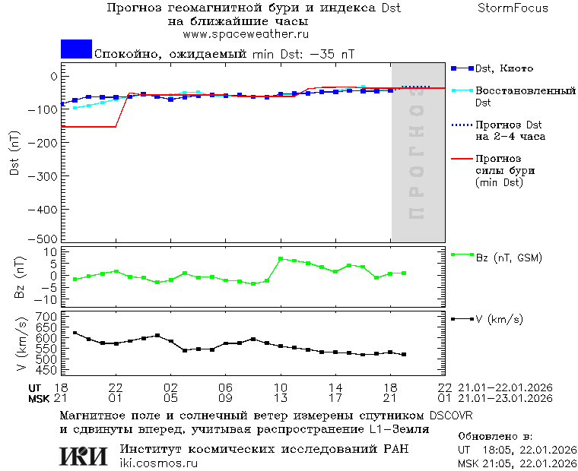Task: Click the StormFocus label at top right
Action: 513,8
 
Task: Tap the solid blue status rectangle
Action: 76,49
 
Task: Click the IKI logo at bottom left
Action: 84,455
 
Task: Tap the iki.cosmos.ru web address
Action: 159,463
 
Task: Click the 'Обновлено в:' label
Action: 494,438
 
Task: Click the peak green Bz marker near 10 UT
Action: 281,259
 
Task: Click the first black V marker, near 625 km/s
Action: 75,333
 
